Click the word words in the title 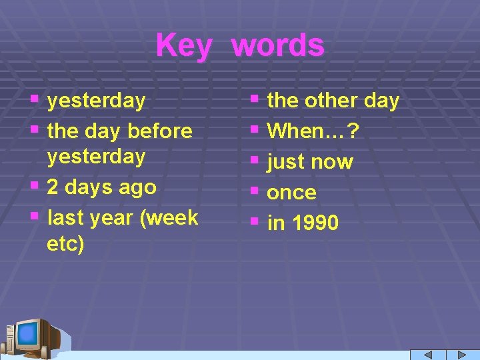(278, 45)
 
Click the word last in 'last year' (65, 217)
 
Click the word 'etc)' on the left (65, 244)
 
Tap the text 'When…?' (313, 131)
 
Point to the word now (335, 163)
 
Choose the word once (291, 193)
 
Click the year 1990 (313, 223)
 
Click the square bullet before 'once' (254, 191)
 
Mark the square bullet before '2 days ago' (35, 186)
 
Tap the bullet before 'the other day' (254, 100)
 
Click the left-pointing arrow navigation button (428, 355)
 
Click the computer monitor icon (28, 336)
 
